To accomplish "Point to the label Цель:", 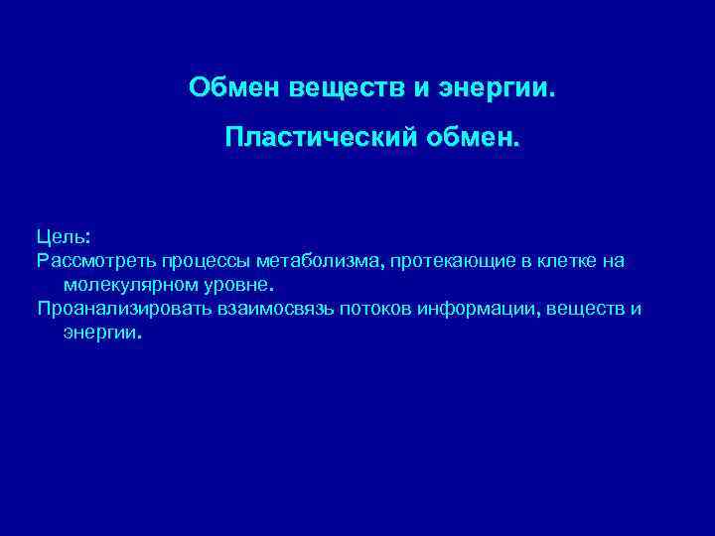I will click(64, 237).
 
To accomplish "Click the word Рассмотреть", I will click(94, 261).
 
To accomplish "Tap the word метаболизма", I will click(318, 261).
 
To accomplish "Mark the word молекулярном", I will click(123, 285).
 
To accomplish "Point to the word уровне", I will click(227, 285).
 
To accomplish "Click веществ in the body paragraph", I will click(586, 309).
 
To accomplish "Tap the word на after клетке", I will click(612, 261).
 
